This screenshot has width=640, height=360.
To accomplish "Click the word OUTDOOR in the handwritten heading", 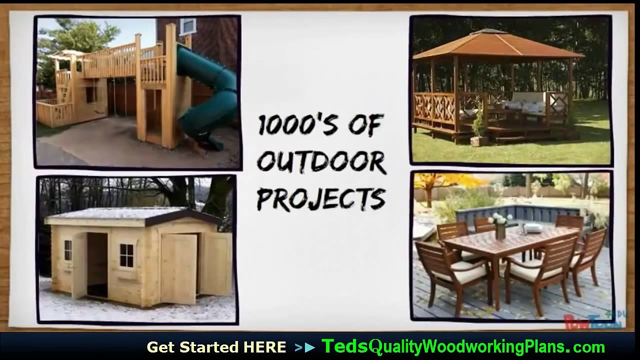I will [x=321, y=163].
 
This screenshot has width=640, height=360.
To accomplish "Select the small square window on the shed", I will [x=126, y=255].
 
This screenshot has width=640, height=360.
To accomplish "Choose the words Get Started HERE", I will [x=216, y=347].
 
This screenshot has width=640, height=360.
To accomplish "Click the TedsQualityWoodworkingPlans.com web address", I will [x=462, y=346].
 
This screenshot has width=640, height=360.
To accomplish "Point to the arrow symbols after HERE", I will [x=305, y=347].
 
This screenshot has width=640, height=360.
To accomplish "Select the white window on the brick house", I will [x=188, y=26].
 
